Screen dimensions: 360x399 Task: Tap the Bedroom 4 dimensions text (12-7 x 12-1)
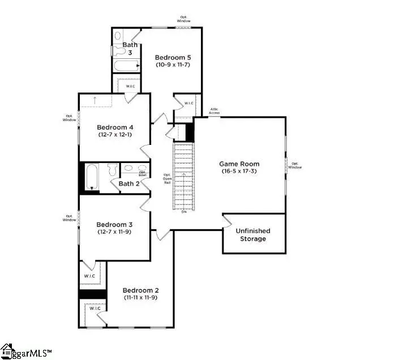click(114, 135)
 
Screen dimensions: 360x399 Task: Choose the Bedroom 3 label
click(114, 224)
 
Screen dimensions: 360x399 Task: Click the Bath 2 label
click(129, 183)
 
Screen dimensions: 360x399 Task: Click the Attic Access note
click(215, 111)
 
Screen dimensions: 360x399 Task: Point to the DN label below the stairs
click(184, 212)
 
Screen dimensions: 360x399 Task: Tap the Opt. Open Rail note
click(167, 179)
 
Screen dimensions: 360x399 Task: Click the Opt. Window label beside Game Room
click(295, 165)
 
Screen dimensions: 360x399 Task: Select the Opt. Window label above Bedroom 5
click(185, 19)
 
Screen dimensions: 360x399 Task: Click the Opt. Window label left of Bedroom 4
click(70, 119)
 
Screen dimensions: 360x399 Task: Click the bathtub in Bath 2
click(92, 177)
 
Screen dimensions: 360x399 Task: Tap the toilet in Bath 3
click(119, 50)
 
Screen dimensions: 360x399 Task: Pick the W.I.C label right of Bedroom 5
click(188, 103)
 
